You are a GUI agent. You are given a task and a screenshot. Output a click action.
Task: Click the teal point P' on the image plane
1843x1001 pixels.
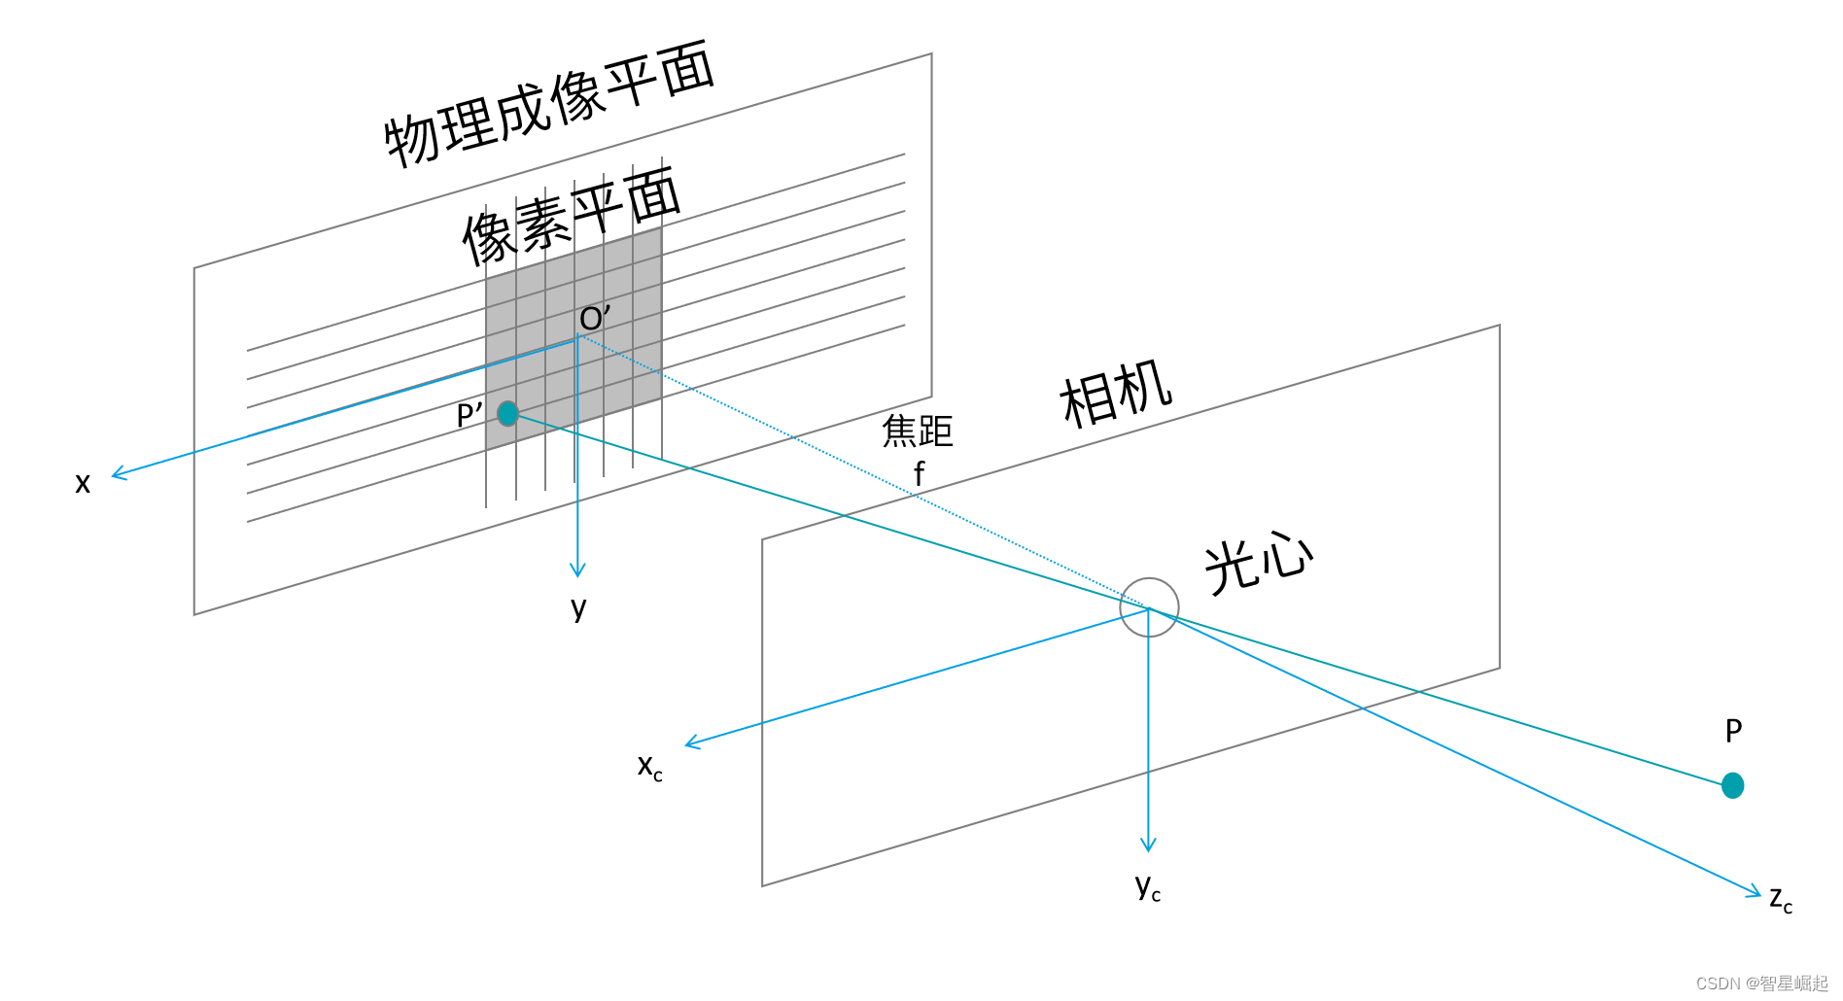coord(507,414)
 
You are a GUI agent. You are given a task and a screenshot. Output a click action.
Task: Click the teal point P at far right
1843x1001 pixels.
coord(1732,785)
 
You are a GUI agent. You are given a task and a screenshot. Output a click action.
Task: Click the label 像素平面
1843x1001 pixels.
coord(572,216)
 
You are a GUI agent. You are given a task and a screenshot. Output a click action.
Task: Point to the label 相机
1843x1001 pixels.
coord(1116,393)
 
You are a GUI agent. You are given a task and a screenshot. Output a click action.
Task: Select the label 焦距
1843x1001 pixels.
coord(918,431)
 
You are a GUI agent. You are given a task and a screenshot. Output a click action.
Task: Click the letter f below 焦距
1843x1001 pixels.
coord(920,473)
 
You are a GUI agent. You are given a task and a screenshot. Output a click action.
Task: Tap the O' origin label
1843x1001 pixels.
coord(595,318)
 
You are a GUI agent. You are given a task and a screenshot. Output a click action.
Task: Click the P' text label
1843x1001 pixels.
coord(469,416)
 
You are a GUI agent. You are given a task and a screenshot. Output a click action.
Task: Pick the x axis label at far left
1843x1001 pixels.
coord(83,483)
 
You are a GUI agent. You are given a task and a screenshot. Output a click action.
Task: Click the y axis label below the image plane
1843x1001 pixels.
coord(578,609)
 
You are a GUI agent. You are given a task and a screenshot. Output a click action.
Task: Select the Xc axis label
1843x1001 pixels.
coord(650,767)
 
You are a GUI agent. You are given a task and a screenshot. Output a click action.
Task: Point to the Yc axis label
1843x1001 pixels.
coord(1148,887)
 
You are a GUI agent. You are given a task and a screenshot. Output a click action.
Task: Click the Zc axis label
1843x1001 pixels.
coord(1781,900)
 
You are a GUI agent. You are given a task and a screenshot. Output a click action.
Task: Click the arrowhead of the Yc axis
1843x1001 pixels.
coord(1148,846)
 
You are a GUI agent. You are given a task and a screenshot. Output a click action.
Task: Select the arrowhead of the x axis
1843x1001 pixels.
coord(118,473)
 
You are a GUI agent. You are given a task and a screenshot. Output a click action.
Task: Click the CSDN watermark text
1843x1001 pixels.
coord(1762,984)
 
